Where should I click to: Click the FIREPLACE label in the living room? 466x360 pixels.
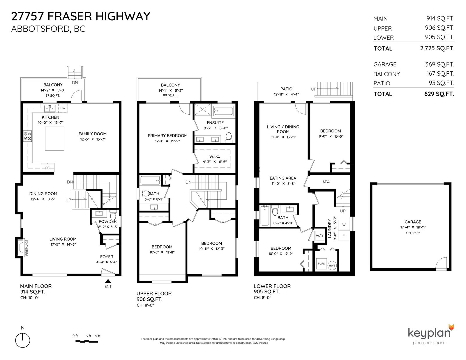(x=27, y=248)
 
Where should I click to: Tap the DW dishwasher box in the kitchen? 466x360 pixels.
(x=63, y=108)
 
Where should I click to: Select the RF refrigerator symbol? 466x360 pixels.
(x=47, y=168)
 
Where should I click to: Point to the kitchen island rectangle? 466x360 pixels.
(x=54, y=139)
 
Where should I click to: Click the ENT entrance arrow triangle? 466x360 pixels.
(x=108, y=281)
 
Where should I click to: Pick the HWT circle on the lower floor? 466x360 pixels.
(x=332, y=266)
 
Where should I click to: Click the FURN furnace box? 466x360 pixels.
(x=322, y=264)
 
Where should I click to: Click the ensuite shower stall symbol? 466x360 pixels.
(x=203, y=110)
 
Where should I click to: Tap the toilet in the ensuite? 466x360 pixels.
(x=229, y=137)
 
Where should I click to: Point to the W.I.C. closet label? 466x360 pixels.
(x=215, y=157)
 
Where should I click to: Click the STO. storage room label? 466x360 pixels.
(x=326, y=182)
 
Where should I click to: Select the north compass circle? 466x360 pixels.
(x=22, y=340)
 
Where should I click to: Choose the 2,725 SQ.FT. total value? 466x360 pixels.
(x=437, y=48)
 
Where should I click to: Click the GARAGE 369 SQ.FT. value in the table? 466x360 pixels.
(x=440, y=64)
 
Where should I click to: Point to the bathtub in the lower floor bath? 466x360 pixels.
(x=265, y=216)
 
